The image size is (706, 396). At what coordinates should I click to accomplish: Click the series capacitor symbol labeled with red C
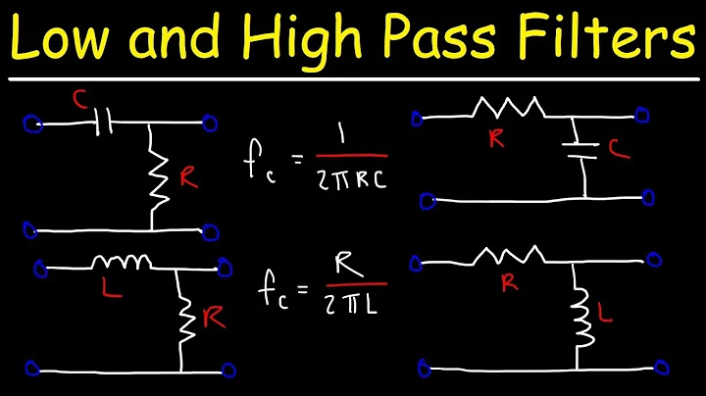[x=105, y=124]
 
